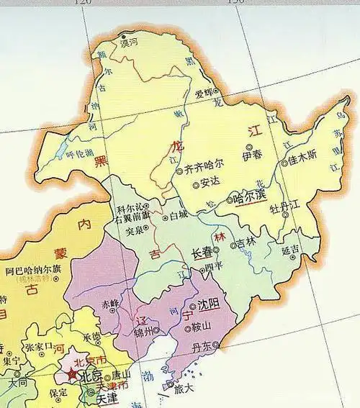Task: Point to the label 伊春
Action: point(252,155)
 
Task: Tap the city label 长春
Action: point(203,253)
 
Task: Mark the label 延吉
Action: point(290,251)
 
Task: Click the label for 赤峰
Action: point(109,303)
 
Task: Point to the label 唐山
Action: point(122,375)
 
